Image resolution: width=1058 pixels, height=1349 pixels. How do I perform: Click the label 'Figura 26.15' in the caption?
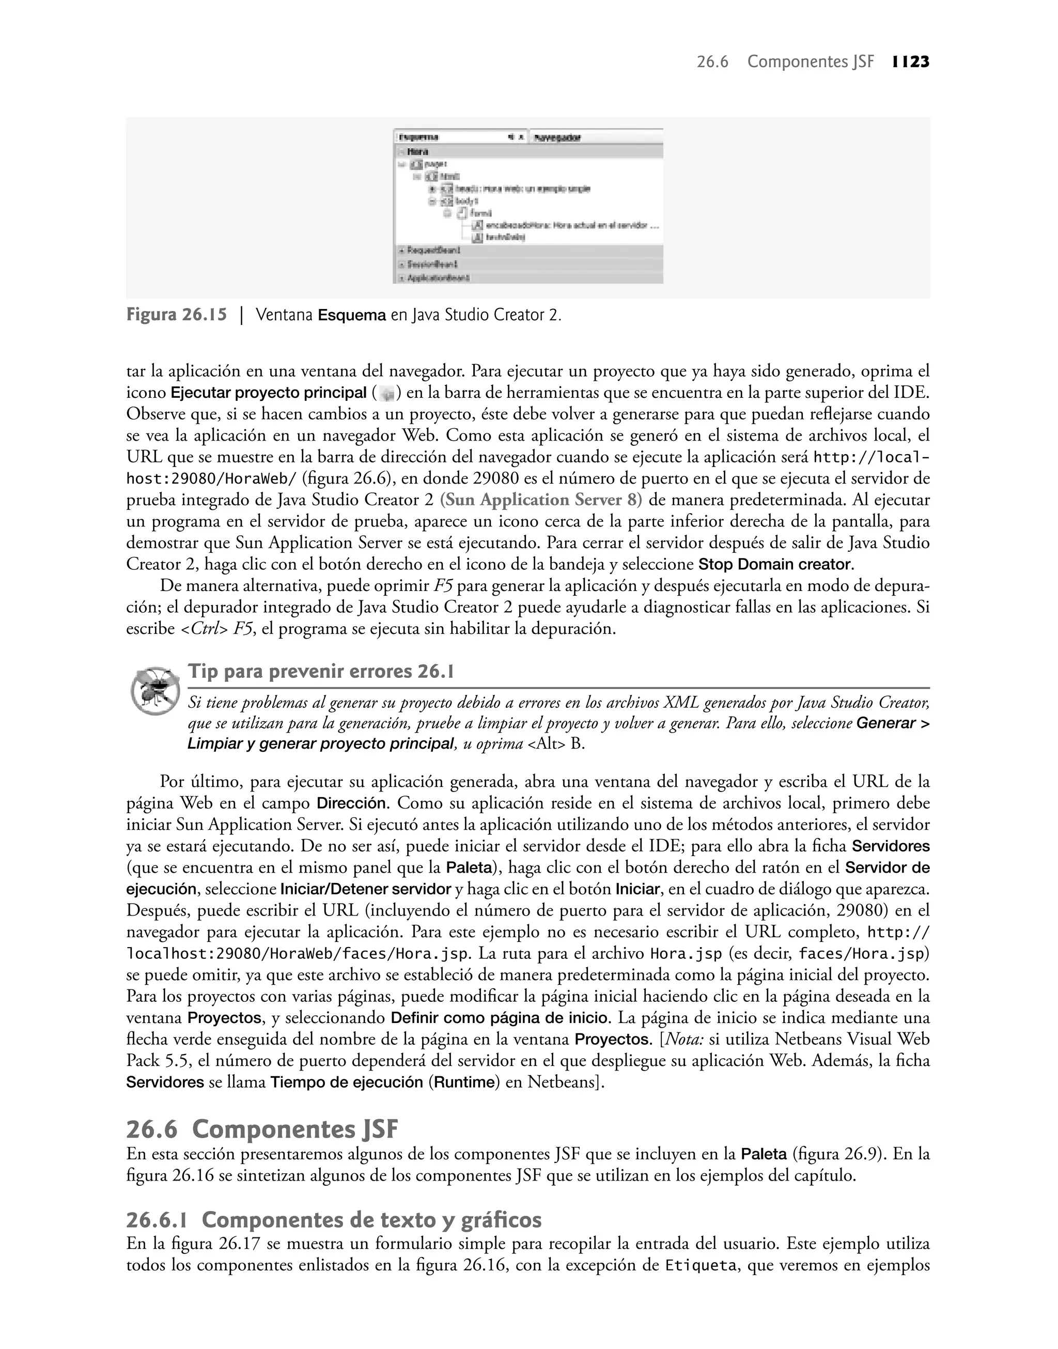tap(177, 315)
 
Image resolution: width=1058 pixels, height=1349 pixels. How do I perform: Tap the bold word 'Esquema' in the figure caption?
tap(351, 315)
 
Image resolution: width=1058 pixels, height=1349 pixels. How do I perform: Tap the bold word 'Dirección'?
tap(351, 803)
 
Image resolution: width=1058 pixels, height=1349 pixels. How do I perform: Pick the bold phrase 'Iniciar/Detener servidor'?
tap(365, 889)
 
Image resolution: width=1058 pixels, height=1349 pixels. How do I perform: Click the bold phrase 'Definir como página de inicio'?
tap(501, 1018)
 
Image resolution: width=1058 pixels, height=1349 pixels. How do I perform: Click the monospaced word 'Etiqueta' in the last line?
tap(700, 1265)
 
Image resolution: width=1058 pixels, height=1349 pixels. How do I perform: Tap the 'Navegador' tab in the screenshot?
tap(557, 137)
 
